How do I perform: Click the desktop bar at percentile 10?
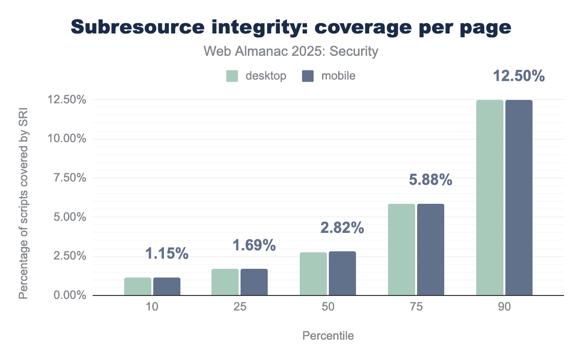138,286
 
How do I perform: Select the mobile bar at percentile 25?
254,282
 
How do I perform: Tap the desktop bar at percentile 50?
313,274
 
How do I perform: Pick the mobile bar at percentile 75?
431,249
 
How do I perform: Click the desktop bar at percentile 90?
490,197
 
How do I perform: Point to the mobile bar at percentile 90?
519,197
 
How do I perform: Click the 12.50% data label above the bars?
519,76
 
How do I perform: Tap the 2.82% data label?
342,228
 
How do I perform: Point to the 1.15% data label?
166,253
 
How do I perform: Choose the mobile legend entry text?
338,76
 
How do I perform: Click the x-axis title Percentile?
328,336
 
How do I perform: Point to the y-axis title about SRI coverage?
23,197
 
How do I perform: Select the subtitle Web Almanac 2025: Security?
291,51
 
